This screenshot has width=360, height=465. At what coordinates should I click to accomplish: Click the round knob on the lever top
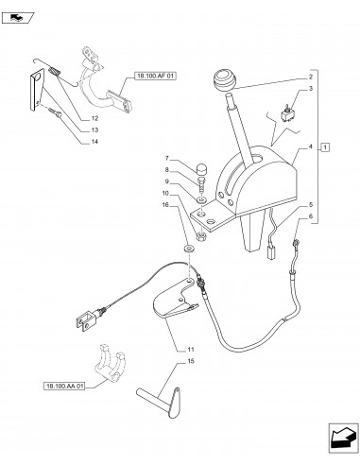(x=227, y=80)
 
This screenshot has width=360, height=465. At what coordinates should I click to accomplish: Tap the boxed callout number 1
(x=324, y=148)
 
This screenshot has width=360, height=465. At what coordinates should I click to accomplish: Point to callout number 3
(x=310, y=88)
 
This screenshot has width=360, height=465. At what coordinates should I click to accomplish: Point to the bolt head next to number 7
(x=201, y=171)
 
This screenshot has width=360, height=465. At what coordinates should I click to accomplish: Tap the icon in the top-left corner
(x=20, y=16)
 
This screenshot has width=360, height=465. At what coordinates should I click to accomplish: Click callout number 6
(x=310, y=217)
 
